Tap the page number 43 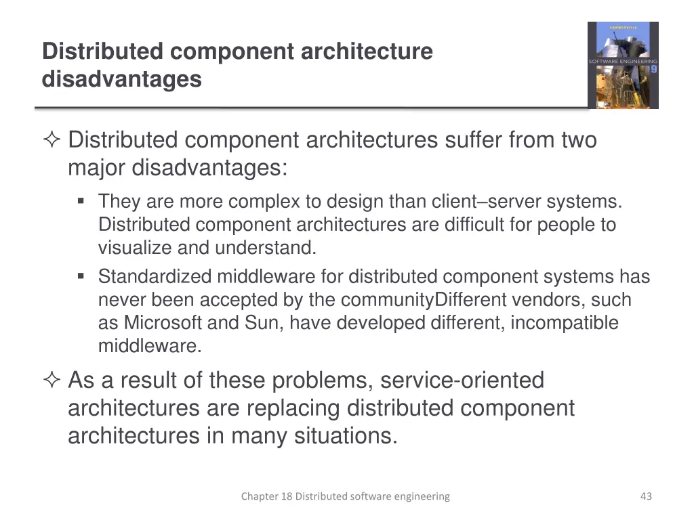[x=646, y=496]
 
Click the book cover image [x=623, y=65]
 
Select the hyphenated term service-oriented [x=462, y=381]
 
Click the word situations [x=346, y=436]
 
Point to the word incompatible [x=564, y=323]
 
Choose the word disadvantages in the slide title [x=122, y=79]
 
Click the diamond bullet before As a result [x=52, y=381]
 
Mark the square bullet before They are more [x=81, y=201]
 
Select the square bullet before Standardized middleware [x=81, y=276]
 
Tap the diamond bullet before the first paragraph [x=52, y=140]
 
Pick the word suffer [x=474, y=140]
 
